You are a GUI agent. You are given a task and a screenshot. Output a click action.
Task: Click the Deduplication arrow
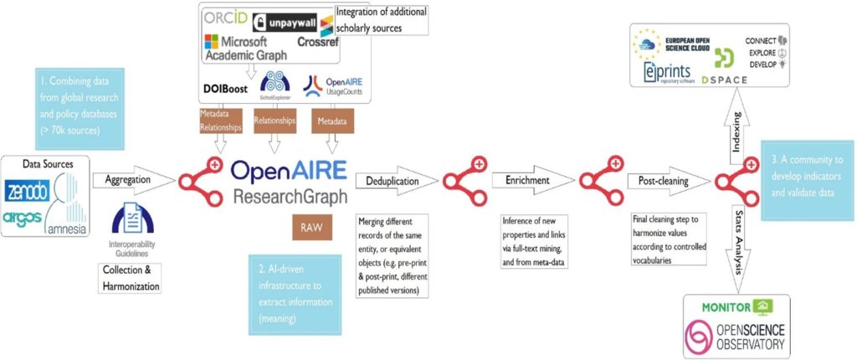coord(393,179)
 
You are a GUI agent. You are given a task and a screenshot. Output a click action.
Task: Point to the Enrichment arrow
coord(526,179)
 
